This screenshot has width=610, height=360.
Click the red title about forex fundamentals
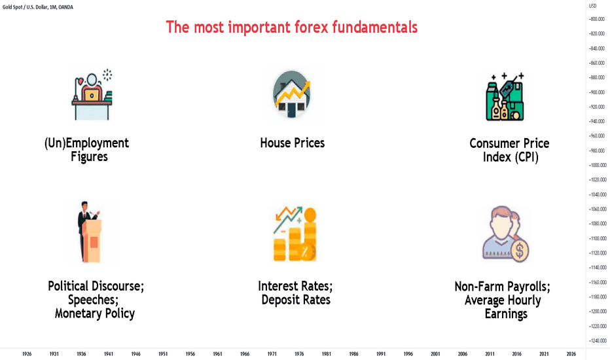(292, 27)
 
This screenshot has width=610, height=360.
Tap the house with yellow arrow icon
(292, 94)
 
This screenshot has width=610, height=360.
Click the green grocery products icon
(505, 97)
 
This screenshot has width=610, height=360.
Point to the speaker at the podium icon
(90, 232)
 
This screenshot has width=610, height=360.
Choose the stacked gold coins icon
(295, 234)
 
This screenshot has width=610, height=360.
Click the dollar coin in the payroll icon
(520, 250)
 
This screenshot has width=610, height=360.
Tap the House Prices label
(292, 143)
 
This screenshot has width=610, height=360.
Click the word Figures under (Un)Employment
(89, 156)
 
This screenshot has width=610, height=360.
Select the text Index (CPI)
(511, 157)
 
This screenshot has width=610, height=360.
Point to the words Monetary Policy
(94, 314)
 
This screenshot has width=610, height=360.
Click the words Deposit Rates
(296, 300)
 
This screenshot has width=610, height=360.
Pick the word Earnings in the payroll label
(506, 314)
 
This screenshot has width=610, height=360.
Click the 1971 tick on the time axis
(272, 353)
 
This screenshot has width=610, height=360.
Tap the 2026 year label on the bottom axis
(571, 353)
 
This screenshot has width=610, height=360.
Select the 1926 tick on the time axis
(27, 353)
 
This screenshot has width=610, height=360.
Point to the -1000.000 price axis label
(598, 165)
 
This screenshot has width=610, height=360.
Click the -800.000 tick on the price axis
(597, 19)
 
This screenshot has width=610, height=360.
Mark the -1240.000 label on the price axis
(598, 340)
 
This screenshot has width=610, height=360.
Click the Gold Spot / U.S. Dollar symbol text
(25, 7)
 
